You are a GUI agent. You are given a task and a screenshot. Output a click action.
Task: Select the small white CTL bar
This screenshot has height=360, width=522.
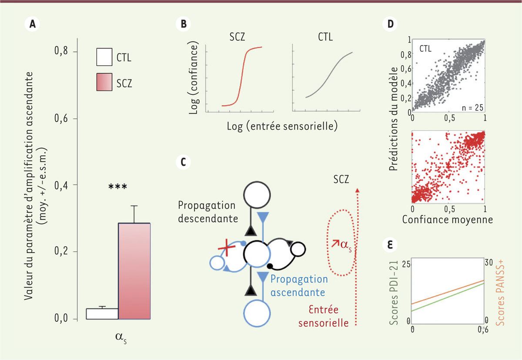102,313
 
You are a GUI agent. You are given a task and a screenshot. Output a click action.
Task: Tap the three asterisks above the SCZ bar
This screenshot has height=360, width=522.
117,187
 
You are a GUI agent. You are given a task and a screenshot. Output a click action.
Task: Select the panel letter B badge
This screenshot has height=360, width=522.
184,25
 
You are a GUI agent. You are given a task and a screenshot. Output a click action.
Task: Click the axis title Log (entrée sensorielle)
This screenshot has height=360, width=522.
282,127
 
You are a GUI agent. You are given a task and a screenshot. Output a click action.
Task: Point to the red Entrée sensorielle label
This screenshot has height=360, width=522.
327,316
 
